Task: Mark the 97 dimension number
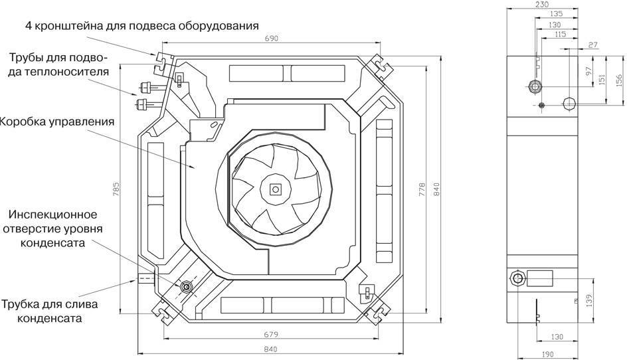click(x=588, y=72)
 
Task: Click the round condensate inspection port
click(x=186, y=286)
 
